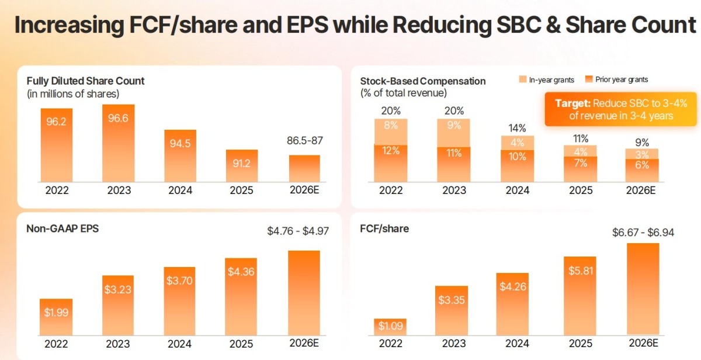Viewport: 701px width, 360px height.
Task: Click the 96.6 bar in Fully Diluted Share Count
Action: (x=118, y=143)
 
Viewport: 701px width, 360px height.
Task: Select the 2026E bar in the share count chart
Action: (x=304, y=169)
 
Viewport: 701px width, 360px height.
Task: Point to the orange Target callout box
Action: (x=620, y=109)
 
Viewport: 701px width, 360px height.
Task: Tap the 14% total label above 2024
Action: (x=518, y=128)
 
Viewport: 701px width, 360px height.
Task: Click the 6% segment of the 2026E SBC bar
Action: (x=641, y=170)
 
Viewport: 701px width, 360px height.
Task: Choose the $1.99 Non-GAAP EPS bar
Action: (x=56, y=316)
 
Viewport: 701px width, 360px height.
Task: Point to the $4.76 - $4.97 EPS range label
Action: (x=298, y=231)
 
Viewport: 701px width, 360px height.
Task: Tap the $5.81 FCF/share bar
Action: (x=580, y=295)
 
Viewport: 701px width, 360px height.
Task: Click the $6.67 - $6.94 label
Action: (x=643, y=232)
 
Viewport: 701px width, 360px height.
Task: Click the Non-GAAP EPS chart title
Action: (x=63, y=229)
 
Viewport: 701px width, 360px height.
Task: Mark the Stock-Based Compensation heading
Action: (x=423, y=81)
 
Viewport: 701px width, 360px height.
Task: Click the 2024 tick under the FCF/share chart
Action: (x=516, y=343)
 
